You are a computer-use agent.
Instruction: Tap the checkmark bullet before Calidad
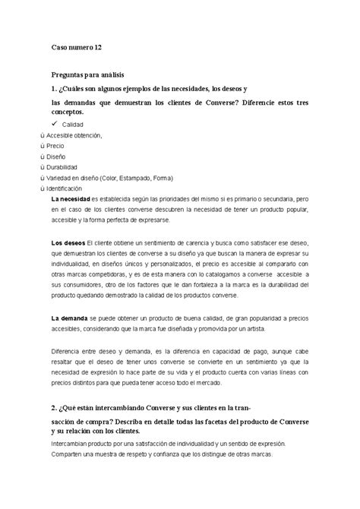[54, 122]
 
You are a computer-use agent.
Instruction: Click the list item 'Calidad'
[73, 124]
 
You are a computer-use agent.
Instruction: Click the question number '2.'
[54, 408]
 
